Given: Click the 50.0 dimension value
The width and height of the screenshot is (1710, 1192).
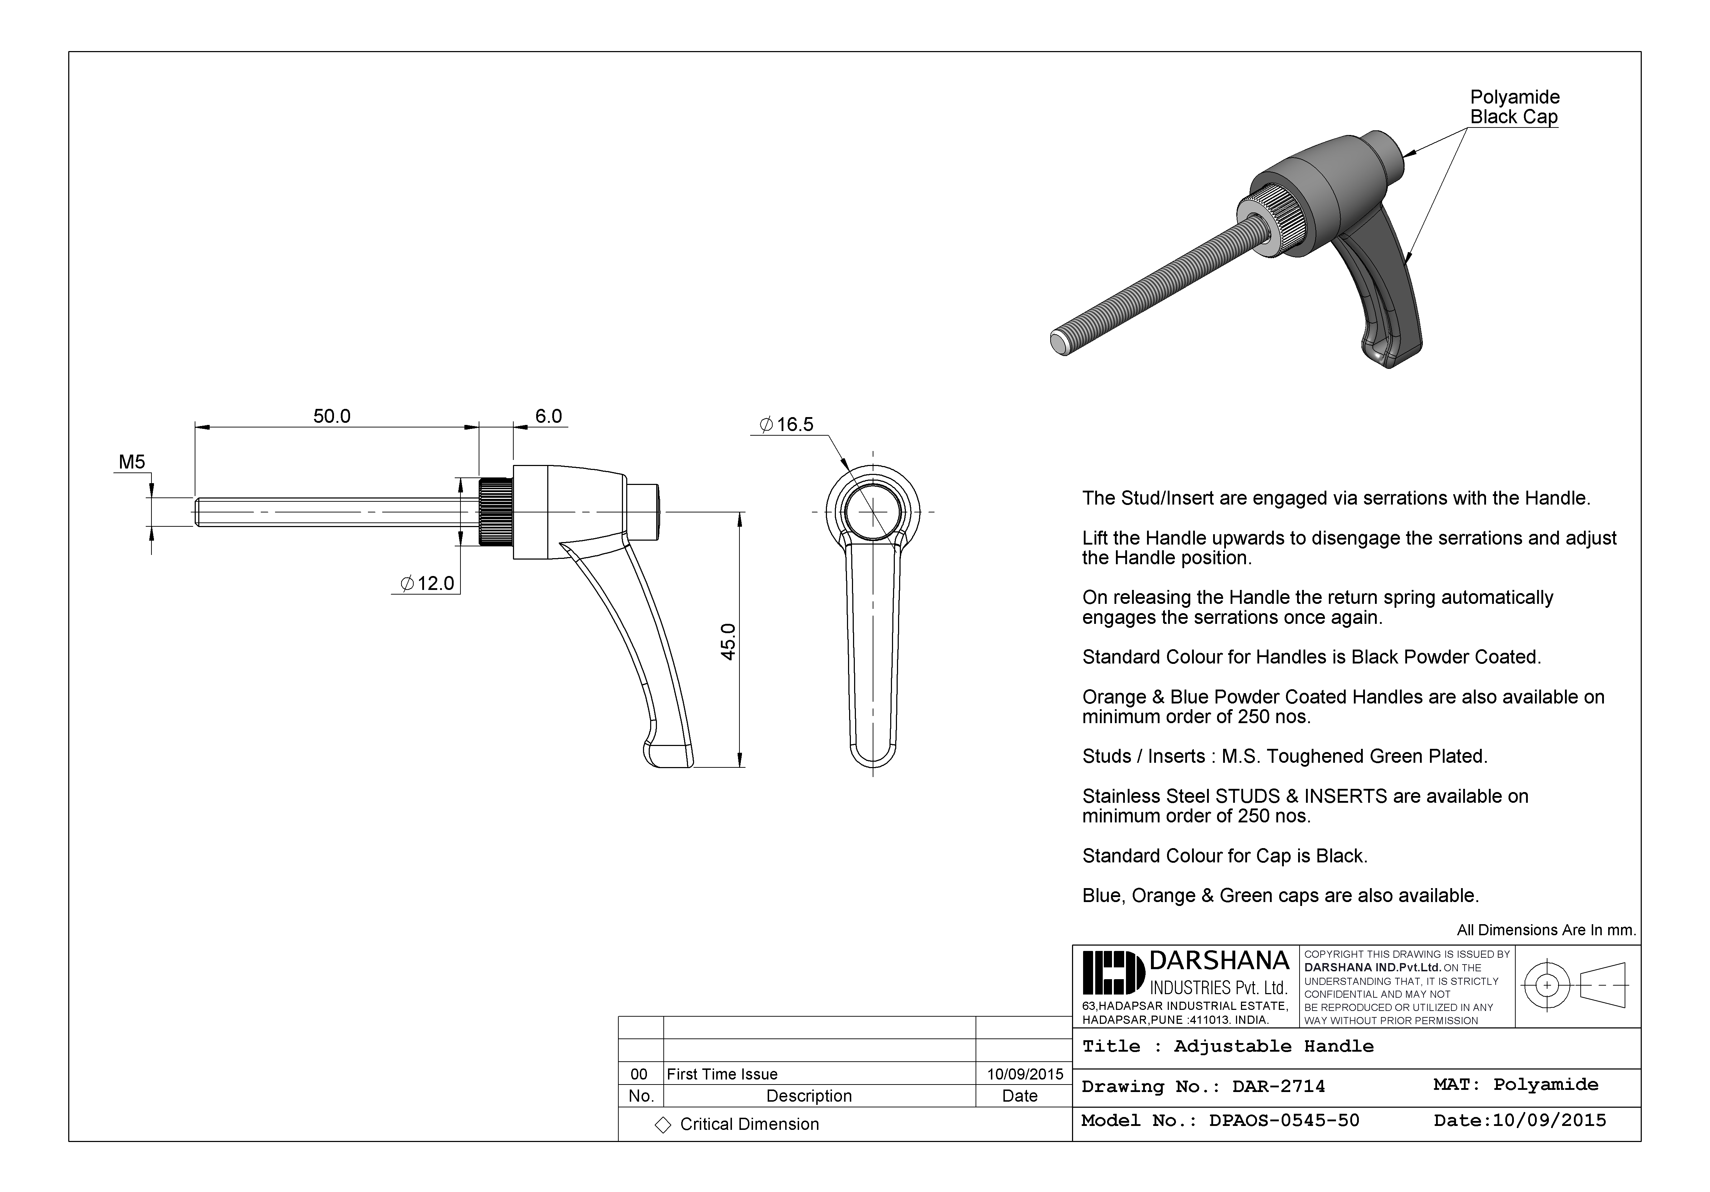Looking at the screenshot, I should click(331, 416).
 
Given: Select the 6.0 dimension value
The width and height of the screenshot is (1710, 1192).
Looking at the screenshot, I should click(548, 416).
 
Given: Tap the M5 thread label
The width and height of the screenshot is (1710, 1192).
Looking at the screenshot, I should click(132, 462).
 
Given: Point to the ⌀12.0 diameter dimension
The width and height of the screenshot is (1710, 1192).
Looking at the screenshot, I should click(428, 583).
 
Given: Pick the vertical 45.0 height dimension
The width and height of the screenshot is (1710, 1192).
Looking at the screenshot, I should click(728, 641).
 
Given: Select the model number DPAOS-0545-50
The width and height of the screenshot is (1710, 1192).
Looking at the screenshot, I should click(1284, 1121).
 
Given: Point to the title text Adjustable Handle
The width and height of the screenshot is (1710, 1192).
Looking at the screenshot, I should click(1273, 1046).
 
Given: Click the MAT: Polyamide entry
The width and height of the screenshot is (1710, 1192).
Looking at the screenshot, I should click(1516, 1085).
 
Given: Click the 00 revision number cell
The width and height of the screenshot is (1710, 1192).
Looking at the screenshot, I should click(639, 1073).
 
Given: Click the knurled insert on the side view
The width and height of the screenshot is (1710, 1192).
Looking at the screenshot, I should click(494, 512).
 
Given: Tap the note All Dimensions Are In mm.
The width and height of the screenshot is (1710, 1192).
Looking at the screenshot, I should click(1546, 930).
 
